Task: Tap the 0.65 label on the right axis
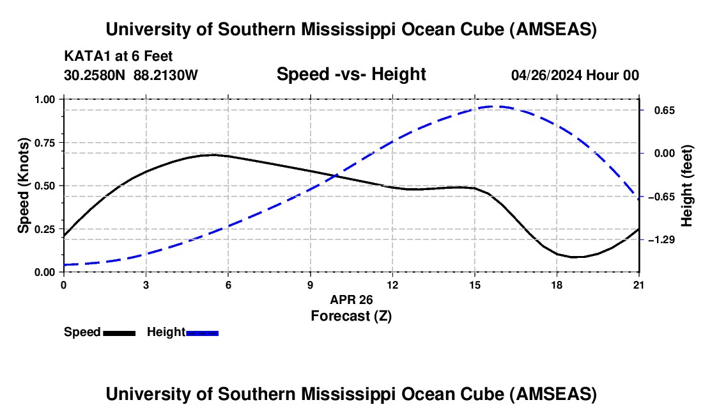(656, 110)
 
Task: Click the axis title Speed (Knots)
(24, 186)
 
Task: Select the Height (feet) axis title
(687, 186)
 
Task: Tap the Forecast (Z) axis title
(351, 316)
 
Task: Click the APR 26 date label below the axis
(351, 300)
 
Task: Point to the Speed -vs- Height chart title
(351, 74)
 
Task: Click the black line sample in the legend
(120, 333)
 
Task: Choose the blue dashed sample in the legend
(203, 333)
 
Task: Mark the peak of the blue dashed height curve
(493, 107)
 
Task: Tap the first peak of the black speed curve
(212, 155)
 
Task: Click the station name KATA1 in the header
(83, 56)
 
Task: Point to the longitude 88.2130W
(166, 75)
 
